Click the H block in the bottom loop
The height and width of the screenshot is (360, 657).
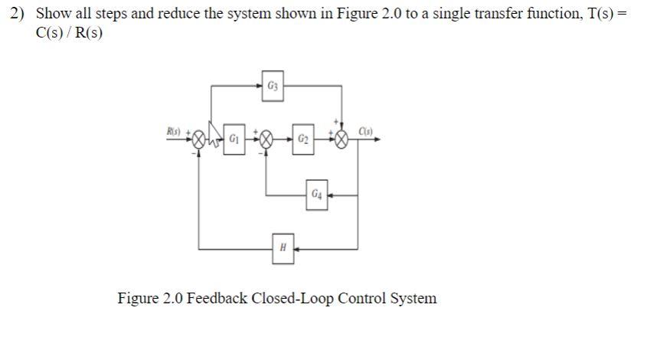(283, 248)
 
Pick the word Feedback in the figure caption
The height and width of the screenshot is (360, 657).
(211, 298)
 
